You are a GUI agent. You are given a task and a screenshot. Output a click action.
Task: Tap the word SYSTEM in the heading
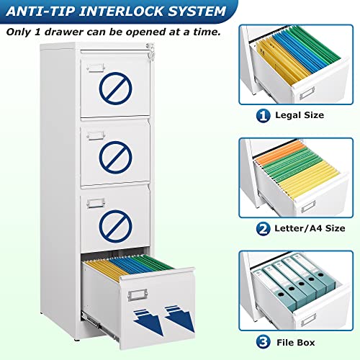click(x=190, y=12)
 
